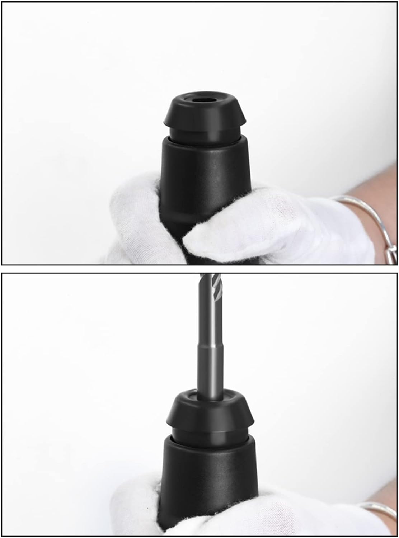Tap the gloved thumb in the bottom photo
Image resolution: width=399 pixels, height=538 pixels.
tap(136, 509)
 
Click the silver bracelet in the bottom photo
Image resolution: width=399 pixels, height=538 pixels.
tap(377, 509)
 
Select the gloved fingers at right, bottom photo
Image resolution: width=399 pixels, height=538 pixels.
tap(287, 516)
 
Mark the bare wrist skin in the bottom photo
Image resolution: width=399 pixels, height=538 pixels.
tap(388, 502)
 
